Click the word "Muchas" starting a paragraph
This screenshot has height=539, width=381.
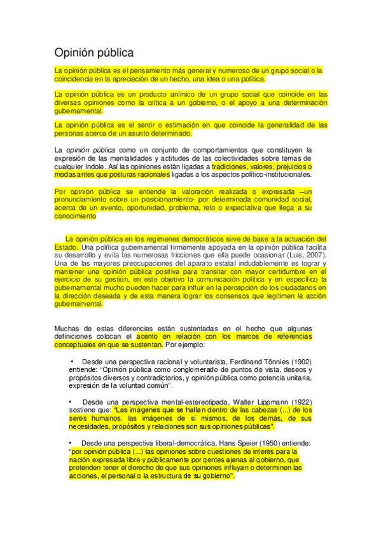click(x=67, y=328)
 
